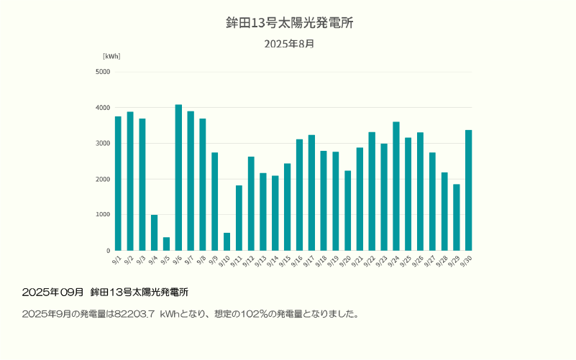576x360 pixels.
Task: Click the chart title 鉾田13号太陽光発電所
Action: coord(289,23)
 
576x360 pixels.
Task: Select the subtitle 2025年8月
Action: coord(289,44)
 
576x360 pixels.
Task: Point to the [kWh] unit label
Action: coord(111,56)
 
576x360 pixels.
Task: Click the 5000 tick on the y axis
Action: coord(103,72)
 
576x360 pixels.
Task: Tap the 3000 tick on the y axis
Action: coord(103,144)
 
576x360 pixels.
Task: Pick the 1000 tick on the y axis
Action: coord(103,215)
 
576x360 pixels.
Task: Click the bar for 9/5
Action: coord(166,244)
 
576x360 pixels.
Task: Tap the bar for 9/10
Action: coord(227,241)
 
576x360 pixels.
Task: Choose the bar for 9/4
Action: coord(154,232)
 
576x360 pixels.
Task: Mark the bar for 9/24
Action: coord(396,186)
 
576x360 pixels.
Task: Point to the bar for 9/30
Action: coord(469,190)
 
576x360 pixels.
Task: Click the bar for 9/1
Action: coord(118,183)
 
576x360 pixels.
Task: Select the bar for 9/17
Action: coord(311,193)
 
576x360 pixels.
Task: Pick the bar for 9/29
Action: coord(457,217)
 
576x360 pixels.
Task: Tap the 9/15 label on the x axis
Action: coord(286,261)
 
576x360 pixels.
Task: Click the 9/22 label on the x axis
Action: coord(371,261)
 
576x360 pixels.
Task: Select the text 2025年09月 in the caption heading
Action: coord(53,292)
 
